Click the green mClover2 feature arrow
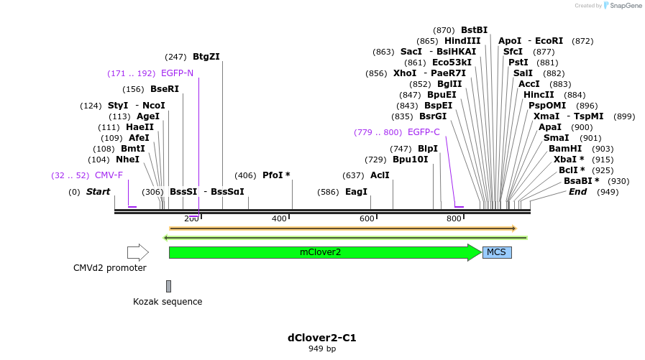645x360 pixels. click(320, 252)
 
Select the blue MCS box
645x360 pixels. click(496, 252)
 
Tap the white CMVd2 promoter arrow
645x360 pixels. click(137, 252)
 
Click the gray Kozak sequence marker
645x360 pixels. click(168, 286)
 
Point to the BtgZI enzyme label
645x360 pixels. click(206, 57)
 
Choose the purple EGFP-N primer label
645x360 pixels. click(177, 73)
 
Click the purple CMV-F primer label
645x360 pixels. click(109, 175)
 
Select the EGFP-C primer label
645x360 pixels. click(424, 132)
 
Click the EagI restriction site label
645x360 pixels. click(356, 192)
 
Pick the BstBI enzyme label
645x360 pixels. click(474, 30)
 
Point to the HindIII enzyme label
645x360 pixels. click(462, 41)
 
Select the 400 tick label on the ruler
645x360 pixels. click(279, 218)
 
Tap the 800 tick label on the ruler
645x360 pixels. click(454, 218)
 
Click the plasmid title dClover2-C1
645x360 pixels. click(322, 338)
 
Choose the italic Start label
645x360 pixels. click(98, 192)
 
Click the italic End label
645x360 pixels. click(577, 192)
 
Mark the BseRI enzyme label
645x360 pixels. click(164, 90)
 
